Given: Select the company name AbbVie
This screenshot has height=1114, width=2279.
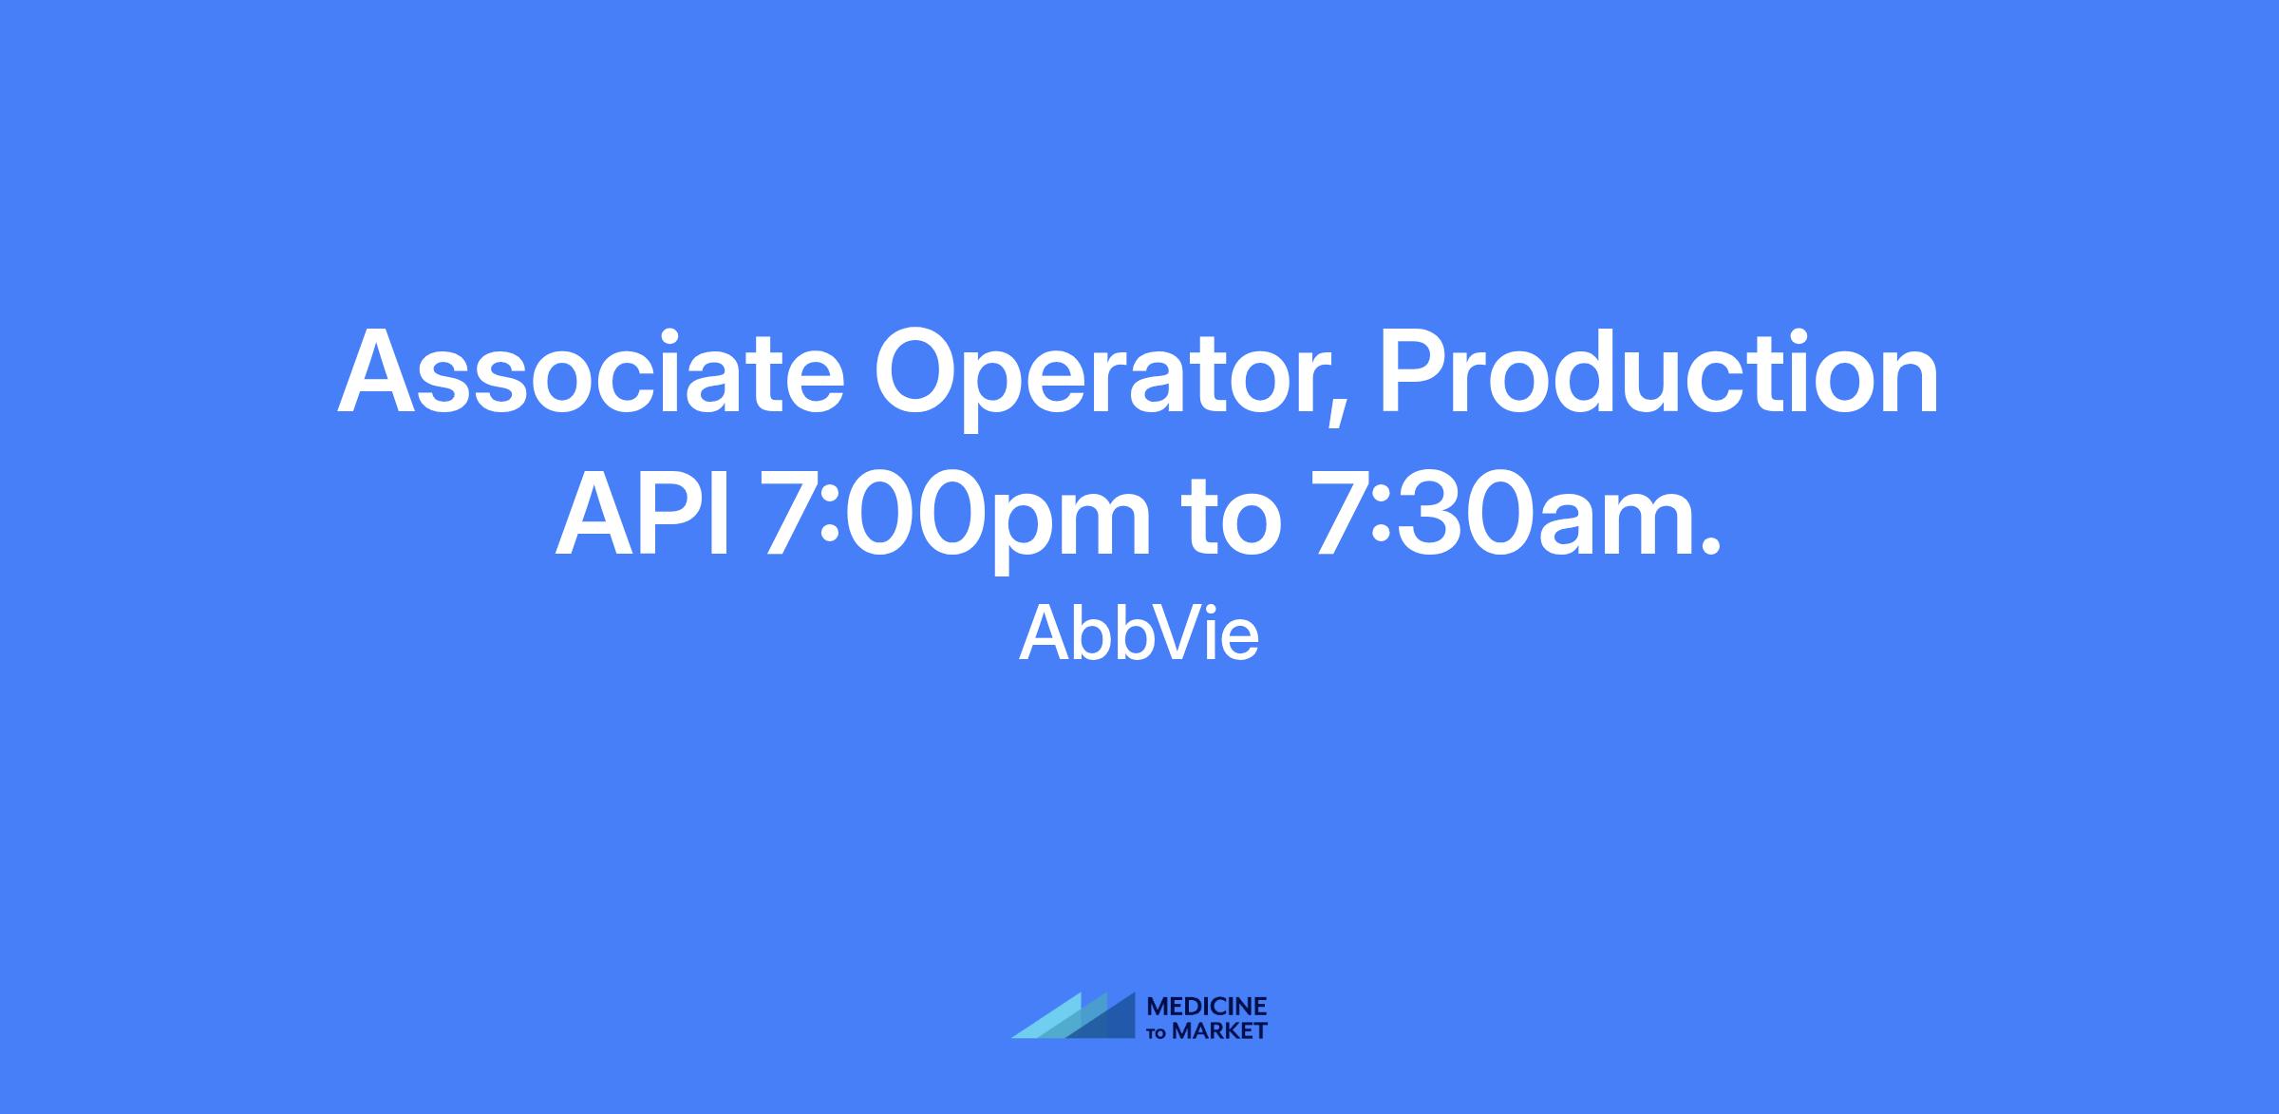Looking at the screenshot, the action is (1139, 633).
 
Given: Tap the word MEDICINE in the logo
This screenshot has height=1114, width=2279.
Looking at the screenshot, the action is (1207, 1007).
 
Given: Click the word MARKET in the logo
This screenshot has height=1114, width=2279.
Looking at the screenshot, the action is (1219, 1030).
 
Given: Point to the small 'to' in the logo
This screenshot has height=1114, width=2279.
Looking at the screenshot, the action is (1158, 1033).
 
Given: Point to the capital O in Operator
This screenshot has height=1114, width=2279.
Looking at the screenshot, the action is (917, 372).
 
